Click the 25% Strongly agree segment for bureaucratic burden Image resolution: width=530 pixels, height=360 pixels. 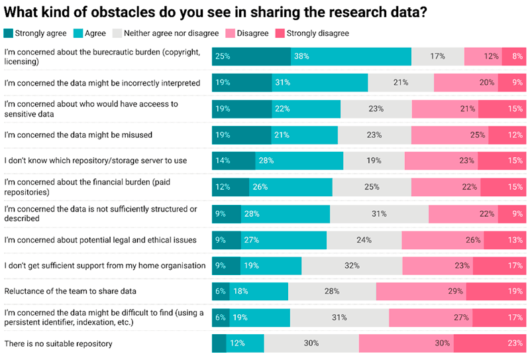(251, 56)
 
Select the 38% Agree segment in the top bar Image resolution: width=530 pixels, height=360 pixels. (350, 56)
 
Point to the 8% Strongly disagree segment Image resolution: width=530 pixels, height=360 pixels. (513, 56)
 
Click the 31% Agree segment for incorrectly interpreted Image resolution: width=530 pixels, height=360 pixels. (319, 83)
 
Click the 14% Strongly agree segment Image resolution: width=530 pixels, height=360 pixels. (233, 160)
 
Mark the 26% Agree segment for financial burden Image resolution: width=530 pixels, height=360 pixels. (290, 187)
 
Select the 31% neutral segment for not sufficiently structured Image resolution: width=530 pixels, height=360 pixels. (379, 213)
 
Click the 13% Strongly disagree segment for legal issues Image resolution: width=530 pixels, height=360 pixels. (504, 239)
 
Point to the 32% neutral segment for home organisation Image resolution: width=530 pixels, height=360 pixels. (352, 265)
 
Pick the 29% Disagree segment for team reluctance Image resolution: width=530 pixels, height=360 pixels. (421, 291)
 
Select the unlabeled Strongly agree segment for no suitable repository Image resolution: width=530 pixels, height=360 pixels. (219, 343)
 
